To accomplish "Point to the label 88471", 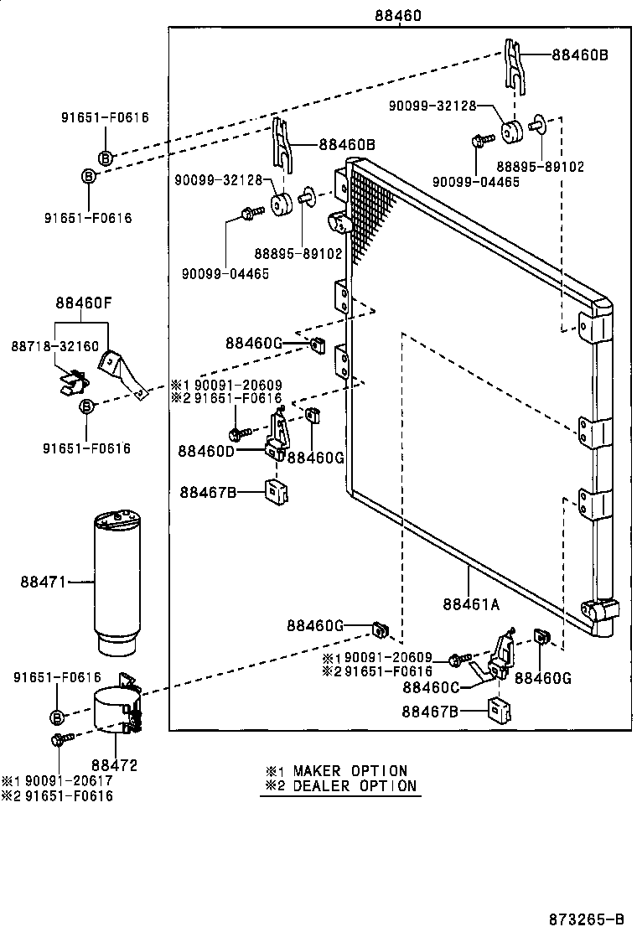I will coord(44,580).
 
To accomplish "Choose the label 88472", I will coord(114,764).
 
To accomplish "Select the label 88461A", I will coord(471,603).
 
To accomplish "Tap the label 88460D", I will coord(205,451).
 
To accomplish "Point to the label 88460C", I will coord(430,687).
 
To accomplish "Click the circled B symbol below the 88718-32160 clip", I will coord(86,406).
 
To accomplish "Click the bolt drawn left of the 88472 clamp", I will coord(60,739).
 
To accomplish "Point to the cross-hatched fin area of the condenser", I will coord(369,210).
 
